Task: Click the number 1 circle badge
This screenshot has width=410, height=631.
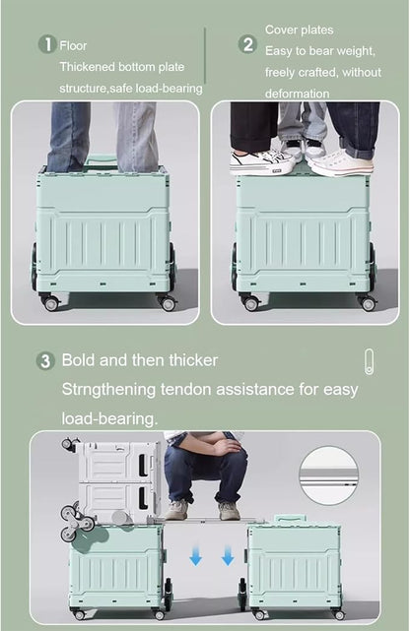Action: tap(47, 44)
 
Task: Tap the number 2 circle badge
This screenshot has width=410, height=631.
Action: tap(248, 44)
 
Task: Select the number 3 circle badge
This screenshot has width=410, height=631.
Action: tap(45, 361)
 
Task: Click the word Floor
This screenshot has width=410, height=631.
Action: tap(74, 45)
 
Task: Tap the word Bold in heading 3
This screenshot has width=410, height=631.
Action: tap(80, 360)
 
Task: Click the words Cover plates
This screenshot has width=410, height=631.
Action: tap(299, 31)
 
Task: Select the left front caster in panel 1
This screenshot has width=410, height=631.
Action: tap(50, 303)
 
